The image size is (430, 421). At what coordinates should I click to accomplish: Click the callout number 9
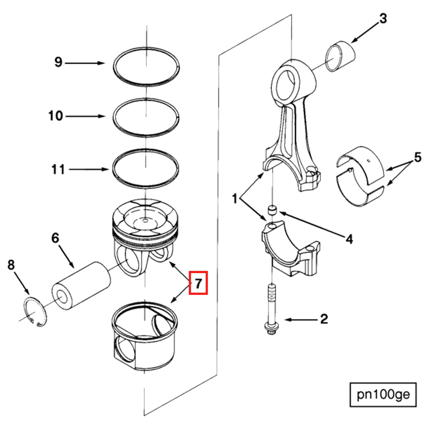[58, 62]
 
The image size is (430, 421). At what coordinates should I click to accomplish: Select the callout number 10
[56, 116]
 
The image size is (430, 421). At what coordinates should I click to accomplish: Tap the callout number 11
[58, 169]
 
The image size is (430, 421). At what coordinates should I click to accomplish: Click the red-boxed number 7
[198, 283]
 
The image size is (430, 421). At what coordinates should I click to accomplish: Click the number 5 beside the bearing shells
[417, 157]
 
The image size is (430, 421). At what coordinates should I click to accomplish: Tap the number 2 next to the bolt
[324, 319]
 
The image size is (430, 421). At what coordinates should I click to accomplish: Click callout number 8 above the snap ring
[11, 265]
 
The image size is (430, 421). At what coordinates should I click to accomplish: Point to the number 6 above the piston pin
[55, 238]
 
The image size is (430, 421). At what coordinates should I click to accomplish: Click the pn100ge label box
[383, 394]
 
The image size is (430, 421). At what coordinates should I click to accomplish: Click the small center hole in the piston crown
[145, 220]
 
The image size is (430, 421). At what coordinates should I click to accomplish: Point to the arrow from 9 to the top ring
[84, 63]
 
